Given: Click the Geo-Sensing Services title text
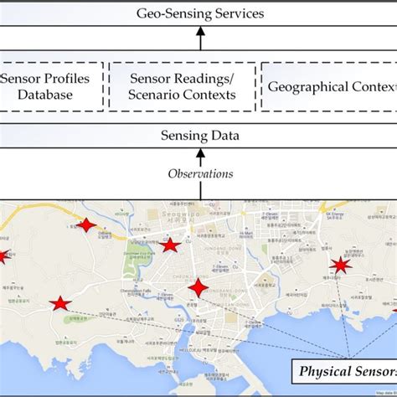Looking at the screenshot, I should tap(199, 13).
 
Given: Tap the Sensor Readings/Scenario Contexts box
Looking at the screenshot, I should tap(178, 85).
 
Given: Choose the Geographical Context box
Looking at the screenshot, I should tap(329, 85).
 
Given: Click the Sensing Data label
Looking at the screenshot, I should tap(199, 136).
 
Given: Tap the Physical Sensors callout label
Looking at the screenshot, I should tap(344, 370).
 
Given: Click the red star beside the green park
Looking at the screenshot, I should tap(170, 245).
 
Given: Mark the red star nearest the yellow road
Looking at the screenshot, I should tap(86, 224).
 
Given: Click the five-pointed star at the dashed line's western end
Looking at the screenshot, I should tap(59, 304).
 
